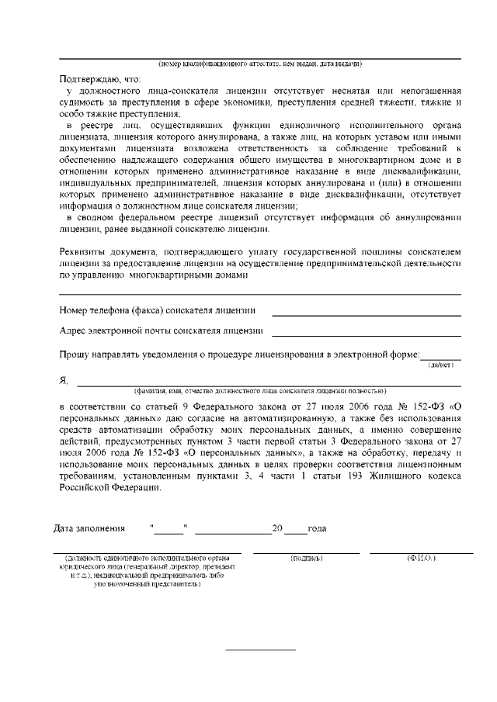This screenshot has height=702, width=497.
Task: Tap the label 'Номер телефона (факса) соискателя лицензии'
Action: click(158, 311)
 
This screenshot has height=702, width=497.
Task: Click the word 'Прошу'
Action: click(75, 354)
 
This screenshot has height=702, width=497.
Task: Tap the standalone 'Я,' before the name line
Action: click(64, 380)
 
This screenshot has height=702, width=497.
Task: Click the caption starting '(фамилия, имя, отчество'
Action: click(260, 390)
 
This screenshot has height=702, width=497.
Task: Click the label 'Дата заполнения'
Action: click(89, 529)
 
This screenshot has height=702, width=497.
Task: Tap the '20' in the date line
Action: click(276, 529)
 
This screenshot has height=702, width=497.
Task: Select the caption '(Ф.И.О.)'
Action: click(421, 558)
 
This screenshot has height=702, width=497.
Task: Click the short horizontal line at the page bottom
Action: click(260, 649)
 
